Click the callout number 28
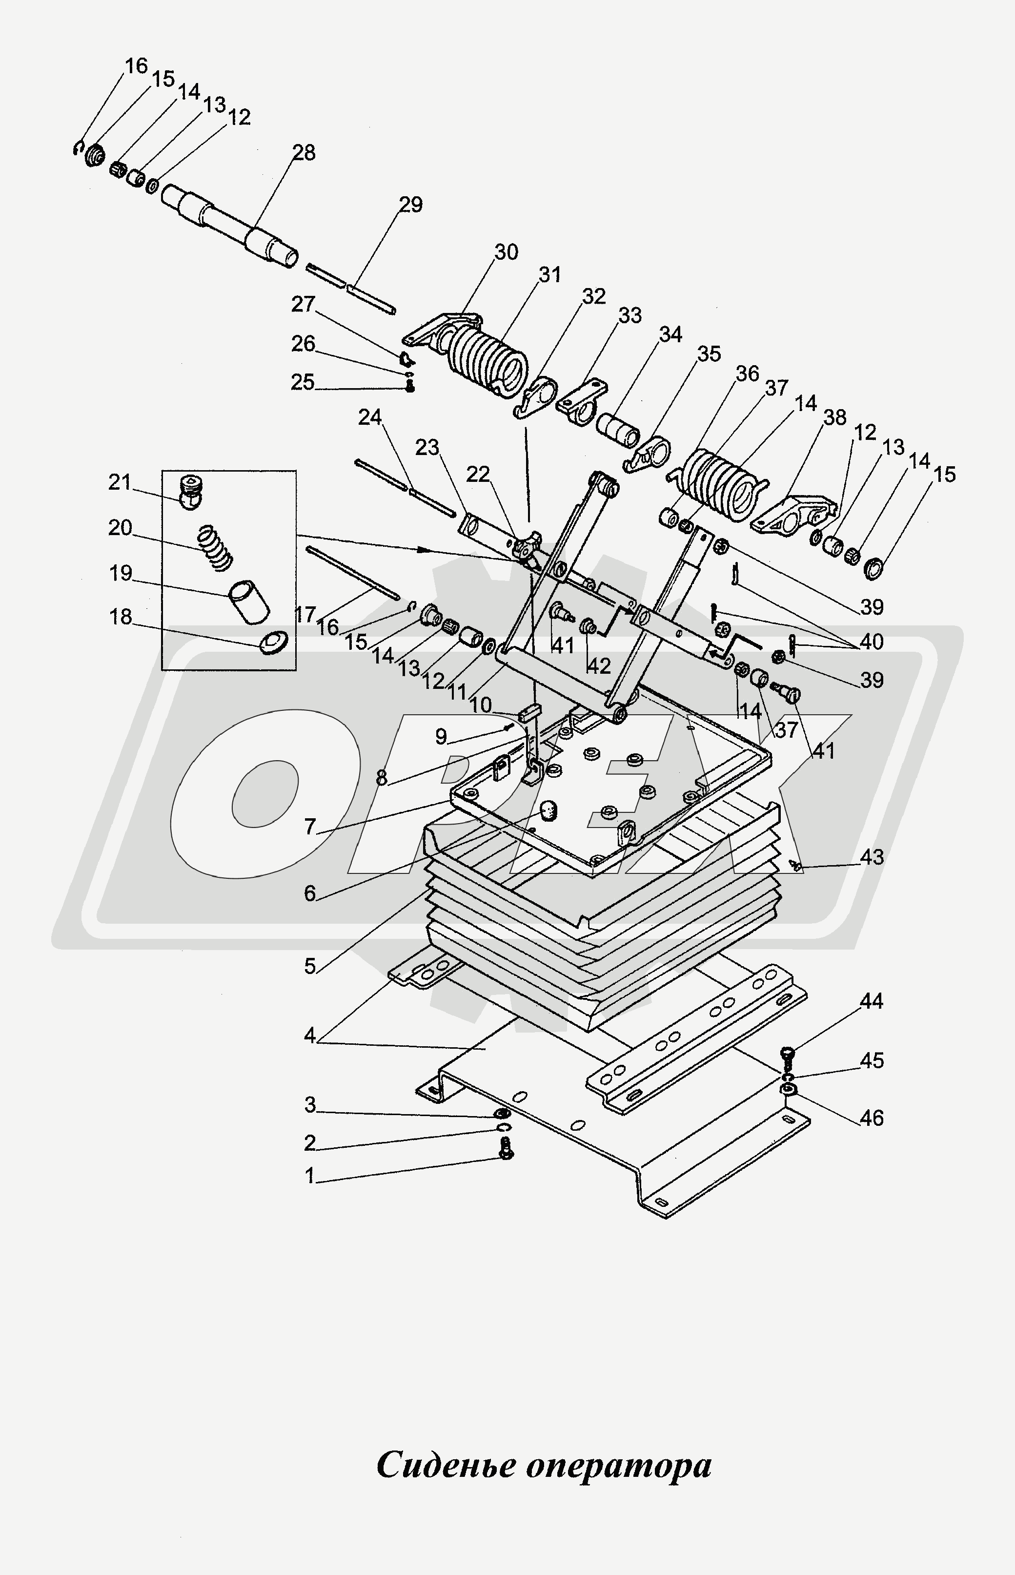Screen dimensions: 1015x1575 click(x=304, y=153)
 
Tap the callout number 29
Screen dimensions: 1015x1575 click(x=410, y=205)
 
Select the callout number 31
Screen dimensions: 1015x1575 click(x=549, y=274)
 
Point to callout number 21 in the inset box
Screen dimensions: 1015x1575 click(x=121, y=483)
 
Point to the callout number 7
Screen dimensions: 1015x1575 click(x=310, y=827)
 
